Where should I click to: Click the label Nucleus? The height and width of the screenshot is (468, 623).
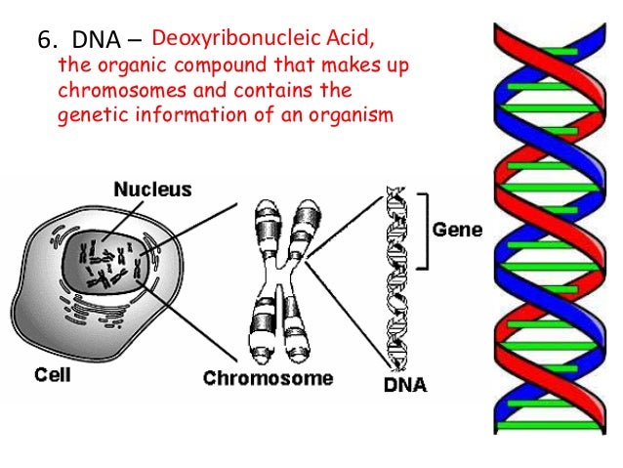click(x=153, y=189)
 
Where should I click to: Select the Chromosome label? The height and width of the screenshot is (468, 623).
click(x=268, y=377)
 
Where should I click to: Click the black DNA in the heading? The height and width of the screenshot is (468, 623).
click(x=98, y=42)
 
